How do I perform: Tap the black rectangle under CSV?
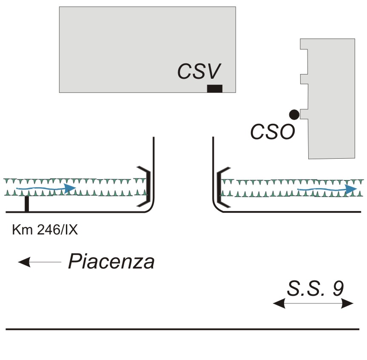tap(214, 89)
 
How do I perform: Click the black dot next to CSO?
tap(294, 114)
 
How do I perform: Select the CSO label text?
tap(272, 132)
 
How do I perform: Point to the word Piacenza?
tap(111, 262)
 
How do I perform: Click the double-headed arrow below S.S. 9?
tap(313, 303)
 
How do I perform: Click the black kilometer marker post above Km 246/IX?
tap(27, 204)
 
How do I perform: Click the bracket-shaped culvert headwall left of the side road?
tap(145, 186)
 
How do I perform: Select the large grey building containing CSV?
tap(128, 43)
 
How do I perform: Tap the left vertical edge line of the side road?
tap(153, 170)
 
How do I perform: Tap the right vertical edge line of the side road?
tap(212, 170)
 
